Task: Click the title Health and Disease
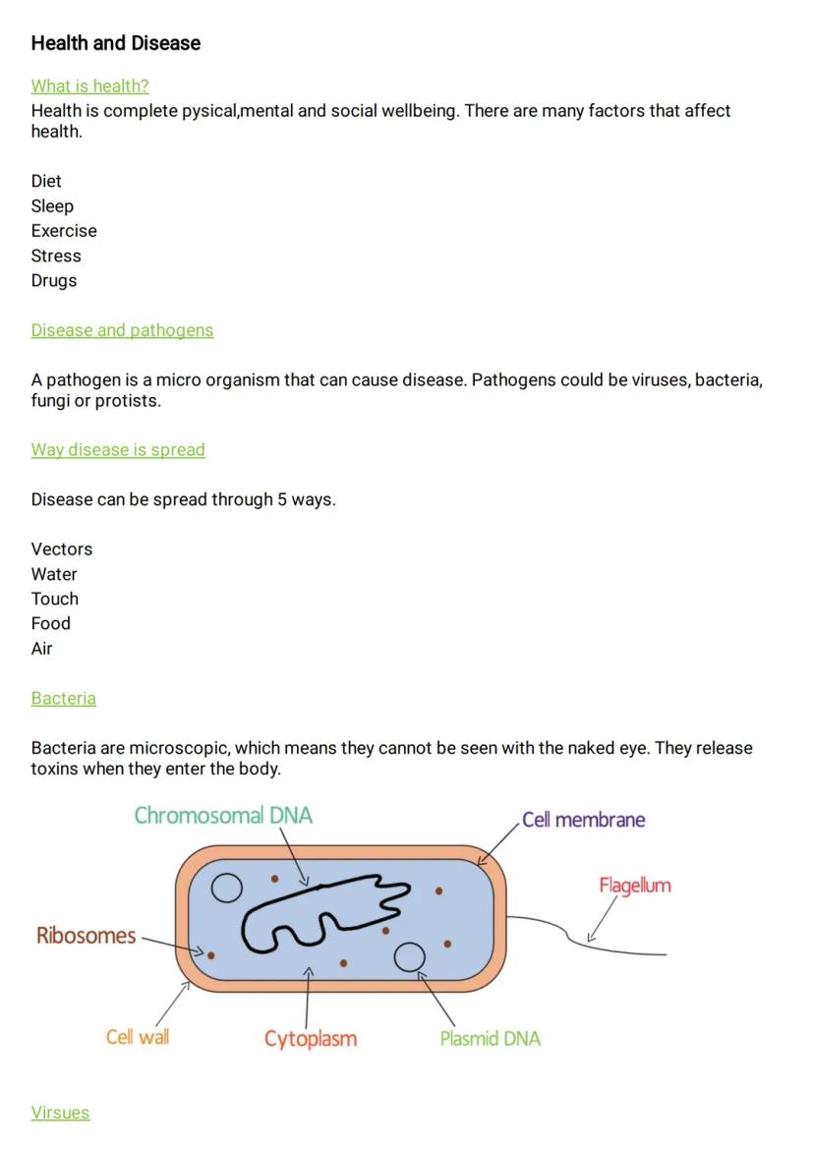115,43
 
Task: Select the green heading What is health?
89,86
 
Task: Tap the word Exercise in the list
64,231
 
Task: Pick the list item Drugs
53,280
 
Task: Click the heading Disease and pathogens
122,330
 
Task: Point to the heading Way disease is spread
118,450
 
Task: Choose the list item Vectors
61,549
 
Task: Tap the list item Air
41,649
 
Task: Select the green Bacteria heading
63,699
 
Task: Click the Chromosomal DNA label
223,816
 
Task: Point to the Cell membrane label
583,820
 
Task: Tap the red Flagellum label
634,886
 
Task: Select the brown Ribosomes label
86,936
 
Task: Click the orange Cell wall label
137,1037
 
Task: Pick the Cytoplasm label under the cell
310,1039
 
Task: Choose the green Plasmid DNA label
490,1039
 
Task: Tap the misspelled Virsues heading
60,1113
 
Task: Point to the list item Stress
56,256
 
